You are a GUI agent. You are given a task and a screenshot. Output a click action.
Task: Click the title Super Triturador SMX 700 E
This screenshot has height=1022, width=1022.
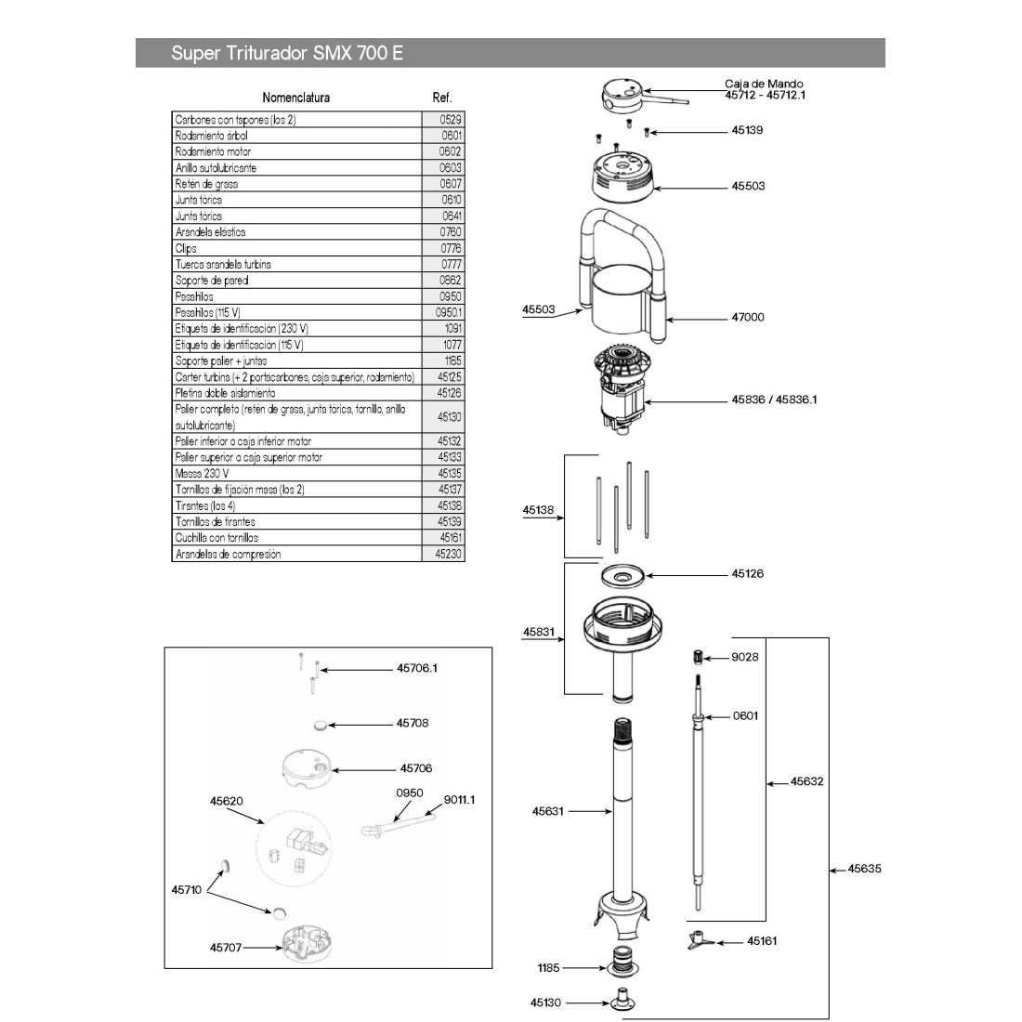pyautogui.click(x=286, y=53)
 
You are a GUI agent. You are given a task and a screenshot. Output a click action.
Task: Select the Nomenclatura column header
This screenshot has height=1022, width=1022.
pyautogui.click(x=295, y=98)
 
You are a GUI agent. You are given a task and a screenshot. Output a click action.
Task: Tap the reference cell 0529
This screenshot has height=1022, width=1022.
pyautogui.click(x=451, y=120)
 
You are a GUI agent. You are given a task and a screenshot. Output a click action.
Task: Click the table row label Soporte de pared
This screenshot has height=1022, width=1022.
pyautogui.click(x=212, y=281)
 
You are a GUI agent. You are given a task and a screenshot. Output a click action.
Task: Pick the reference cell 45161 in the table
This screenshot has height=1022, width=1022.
pyautogui.click(x=450, y=538)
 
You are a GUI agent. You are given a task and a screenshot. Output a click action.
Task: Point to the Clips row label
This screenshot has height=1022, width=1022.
pyautogui.click(x=186, y=248)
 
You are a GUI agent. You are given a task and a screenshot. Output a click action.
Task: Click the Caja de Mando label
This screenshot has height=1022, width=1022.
pyautogui.click(x=764, y=84)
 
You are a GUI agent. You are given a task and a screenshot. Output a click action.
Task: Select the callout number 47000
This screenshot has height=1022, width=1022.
pyautogui.click(x=747, y=317)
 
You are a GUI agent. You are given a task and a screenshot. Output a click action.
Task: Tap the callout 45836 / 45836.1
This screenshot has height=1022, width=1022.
pyautogui.click(x=774, y=400)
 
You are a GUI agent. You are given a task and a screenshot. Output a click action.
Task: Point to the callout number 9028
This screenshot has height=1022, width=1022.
pyautogui.click(x=745, y=657)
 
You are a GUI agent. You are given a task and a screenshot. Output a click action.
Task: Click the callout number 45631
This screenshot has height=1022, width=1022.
pyautogui.click(x=548, y=811)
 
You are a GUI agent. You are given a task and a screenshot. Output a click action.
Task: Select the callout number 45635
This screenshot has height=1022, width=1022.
pyautogui.click(x=864, y=870)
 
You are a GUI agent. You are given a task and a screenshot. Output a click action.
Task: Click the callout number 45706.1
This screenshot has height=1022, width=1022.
pyautogui.click(x=416, y=668)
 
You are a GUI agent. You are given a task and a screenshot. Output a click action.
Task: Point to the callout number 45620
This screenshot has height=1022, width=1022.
pyautogui.click(x=226, y=801)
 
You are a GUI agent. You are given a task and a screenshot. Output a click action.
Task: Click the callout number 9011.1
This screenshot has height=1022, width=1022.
pyautogui.click(x=459, y=799)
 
